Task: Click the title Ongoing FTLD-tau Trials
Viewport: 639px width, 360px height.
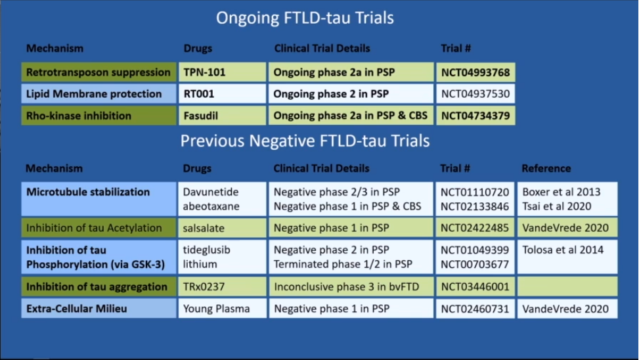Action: pyautogui.click(x=305, y=18)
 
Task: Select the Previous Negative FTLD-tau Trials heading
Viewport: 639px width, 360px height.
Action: pyautogui.click(x=305, y=141)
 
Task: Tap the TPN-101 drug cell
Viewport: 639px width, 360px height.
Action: pyautogui.click(x=222, y=72)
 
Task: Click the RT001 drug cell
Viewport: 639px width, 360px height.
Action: pyautogui.click(x=222, y=94)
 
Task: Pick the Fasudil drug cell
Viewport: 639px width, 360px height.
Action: pyautogui.click(x=222, y=116)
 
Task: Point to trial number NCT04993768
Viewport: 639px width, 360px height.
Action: pyautogui.click(x=475, y=72)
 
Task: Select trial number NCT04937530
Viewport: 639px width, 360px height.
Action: pyautogui.click(x=475, y=94)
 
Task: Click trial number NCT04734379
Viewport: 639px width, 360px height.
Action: pyautogui.click(x=475, y=116)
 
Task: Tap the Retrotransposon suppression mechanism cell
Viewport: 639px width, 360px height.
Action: pyautogui.click(x=99, y=72)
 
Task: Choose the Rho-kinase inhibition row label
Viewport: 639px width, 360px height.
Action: pyautogui.click(x=99, y=116)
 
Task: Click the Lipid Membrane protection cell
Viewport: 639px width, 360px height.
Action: pyautogui.click(x=99, y=94)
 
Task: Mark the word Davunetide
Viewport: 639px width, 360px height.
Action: pyautogui.click(x=211, y=192)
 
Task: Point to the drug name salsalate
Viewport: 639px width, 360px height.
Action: pyautogui.click(x=204, y=228)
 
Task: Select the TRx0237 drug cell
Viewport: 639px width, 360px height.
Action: pyautogui.click(x=222, y=286)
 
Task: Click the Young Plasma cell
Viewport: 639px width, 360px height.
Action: pyautogui.click(x=222, y=309)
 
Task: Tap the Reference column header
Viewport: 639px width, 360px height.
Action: pyautogui.click(x=546, y=168)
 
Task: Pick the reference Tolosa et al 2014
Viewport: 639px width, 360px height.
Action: pyautogui.click(x=563, y=250)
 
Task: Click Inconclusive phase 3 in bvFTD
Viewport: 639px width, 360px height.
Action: pyautogui.click(x=346, y=286)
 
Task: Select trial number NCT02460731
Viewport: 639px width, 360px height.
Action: pyautogui.click(x=475, y=309)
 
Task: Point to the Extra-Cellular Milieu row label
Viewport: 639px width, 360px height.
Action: pyautogui.click(x=99, y=309)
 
